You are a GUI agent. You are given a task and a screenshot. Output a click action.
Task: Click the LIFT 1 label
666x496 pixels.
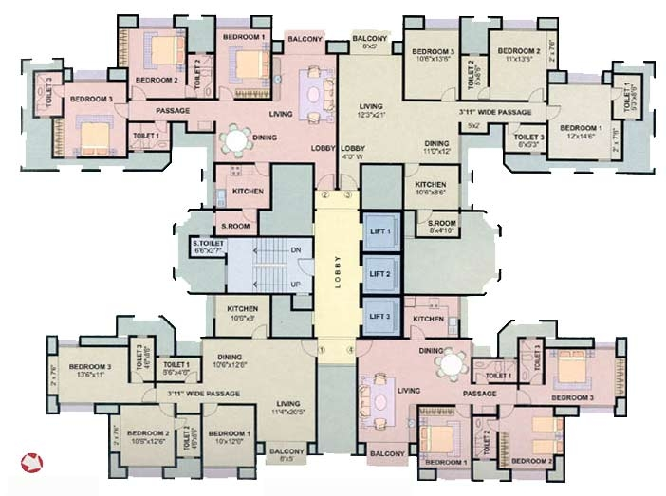[379, 230]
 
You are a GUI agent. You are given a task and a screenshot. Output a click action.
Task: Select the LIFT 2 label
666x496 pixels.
[379, 273]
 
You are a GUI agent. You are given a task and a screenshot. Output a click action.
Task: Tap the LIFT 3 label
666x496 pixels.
[379, 316]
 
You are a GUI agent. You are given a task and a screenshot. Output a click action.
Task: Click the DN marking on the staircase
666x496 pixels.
[295, 249]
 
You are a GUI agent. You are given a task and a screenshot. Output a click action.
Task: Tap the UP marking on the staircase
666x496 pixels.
[295, 284]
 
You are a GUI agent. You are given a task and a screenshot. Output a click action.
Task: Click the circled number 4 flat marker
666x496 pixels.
[350, 350]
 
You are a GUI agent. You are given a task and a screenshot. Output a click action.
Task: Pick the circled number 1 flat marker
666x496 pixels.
[323, 350]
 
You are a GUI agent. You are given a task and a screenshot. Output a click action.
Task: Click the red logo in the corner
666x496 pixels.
[33, 464]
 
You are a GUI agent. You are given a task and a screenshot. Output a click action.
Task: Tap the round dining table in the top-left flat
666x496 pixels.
[233, 140]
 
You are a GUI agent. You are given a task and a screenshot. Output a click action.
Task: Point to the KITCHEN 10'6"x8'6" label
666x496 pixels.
[431, 188]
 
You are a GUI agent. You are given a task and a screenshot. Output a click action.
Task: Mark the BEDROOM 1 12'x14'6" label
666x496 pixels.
[580, 133]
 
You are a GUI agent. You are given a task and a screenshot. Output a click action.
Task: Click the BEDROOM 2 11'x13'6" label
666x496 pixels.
[519, 55]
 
